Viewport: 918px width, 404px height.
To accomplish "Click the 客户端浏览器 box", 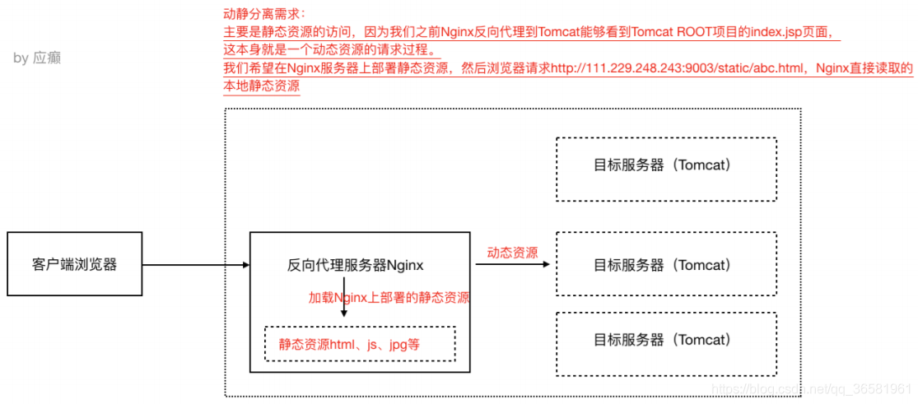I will click(x=74, y=264).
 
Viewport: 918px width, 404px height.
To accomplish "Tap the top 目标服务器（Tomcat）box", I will click(x=666, y=165).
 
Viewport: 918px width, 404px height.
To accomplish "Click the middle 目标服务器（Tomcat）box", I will click(x=666, y=265).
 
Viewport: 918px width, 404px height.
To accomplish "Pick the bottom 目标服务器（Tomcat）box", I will click(x=666, y=339).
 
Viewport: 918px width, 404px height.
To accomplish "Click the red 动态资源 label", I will click(x=512, y=253).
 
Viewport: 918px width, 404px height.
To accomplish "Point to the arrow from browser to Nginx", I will click(x=195, y=265).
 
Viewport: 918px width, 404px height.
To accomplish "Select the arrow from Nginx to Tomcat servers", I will click(x=514, y=265).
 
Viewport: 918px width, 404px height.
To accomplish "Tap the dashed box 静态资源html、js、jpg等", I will click(x=359, y=344).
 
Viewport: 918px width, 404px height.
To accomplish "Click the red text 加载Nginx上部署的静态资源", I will click(x=389, y=298).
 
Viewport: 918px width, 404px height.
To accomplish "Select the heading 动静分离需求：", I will click(x=259, y=14).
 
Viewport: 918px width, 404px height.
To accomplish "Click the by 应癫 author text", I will click(x=37, y=58).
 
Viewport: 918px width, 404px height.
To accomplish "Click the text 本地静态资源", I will click(x=261, y=86).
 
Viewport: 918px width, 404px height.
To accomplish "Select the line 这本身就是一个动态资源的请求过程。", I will click(x=330, y=50).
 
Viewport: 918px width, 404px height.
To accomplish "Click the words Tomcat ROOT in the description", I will click(x=667, y=32).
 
